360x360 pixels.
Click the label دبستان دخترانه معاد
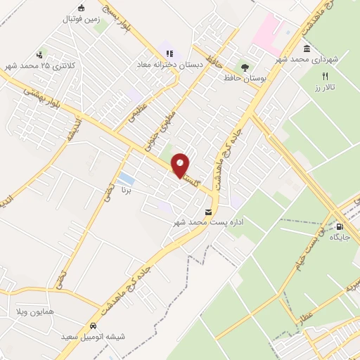coord(169,65)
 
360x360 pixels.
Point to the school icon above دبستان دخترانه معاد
coord(169,53)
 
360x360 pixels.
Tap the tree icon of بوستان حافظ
coord(245,67)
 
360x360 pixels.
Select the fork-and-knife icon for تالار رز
coord(325,76)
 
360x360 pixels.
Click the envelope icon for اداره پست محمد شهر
coord(208,212)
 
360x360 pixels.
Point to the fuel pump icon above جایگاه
coord(340,226)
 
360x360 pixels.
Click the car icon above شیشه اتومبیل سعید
coord(94,326)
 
